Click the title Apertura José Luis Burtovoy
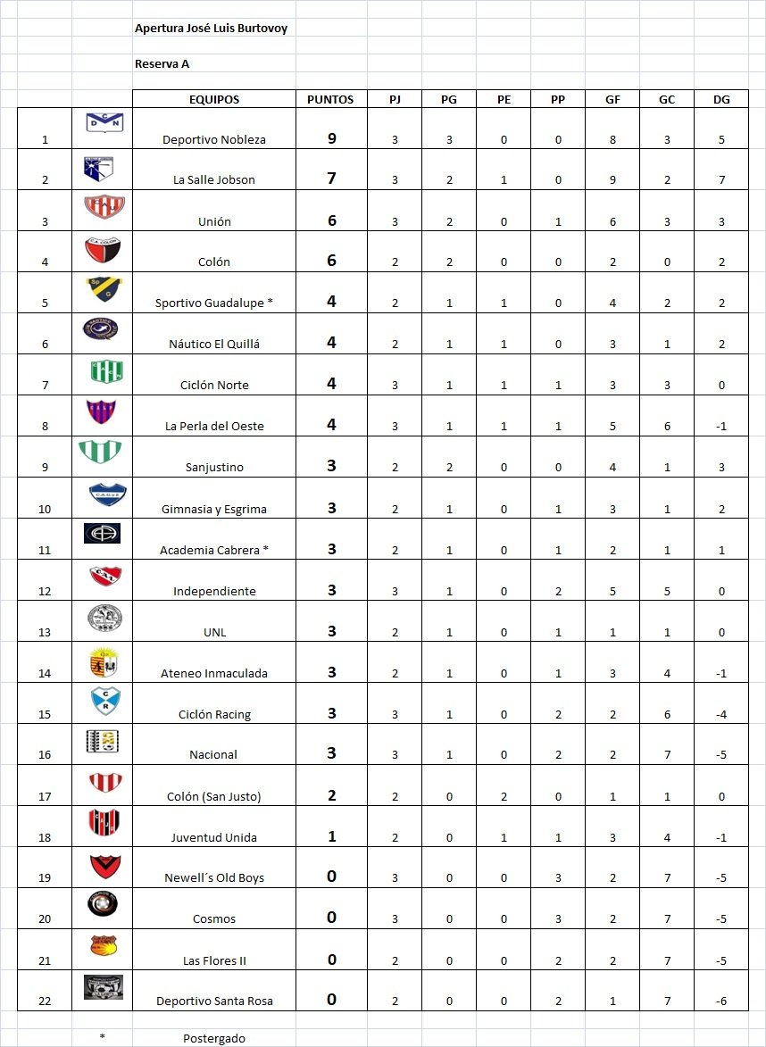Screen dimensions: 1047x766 tap(211, 29)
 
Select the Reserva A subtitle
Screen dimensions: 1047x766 tap(162, 64)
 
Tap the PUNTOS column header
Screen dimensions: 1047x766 tap(330, 100)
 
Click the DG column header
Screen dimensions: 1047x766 tap(720, 100)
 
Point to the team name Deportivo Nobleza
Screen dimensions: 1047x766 tap(214, 139)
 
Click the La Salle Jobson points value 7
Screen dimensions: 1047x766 tap(331, 179)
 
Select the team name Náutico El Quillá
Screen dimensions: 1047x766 tap(214, 344)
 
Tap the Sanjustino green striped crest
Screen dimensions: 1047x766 tap(102, 452)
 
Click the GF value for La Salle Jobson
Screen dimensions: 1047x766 tap(612, 180)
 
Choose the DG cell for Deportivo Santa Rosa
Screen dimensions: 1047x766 tap(720, 1001)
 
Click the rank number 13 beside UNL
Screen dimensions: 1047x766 tap(45, 632)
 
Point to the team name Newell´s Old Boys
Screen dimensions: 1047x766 tap(214, 878)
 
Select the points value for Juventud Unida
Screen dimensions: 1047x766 tap(331, 836)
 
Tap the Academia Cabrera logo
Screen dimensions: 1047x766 tap(102, 534)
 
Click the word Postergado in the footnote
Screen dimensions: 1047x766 tap(214, 1038)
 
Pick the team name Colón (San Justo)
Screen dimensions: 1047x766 tap(214, 796)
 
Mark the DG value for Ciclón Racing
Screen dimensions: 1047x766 tap(720, 714)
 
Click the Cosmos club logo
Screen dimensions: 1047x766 tap(102, 904)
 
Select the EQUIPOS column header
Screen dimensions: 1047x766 tap(214, 100)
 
